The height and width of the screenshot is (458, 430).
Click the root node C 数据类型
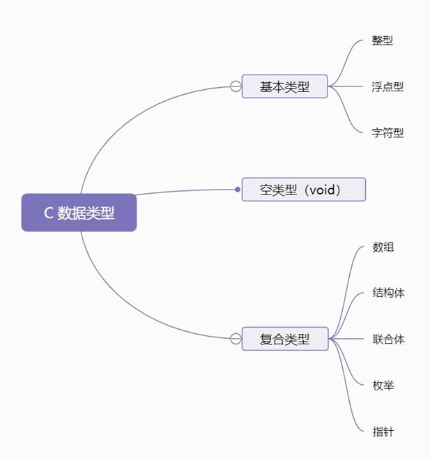click(x=79, y=213)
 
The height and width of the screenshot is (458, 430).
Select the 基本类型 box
click(x=284, y=86)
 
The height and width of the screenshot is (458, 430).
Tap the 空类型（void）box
click(x=303, y=189)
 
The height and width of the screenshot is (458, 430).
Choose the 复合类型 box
click(x=284, y=339)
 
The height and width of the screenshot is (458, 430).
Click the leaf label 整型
click(x=383, y=40)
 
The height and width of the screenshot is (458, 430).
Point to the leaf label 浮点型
click(x=387, y=87)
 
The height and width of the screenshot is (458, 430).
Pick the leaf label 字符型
click(x=387, y=132)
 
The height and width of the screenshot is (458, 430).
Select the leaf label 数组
click(x=383, y=247)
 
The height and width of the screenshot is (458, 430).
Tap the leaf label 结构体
click(x=388, y=293)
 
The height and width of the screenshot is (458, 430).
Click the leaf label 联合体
click(x=388, y=339)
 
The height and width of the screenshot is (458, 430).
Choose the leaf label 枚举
click(x=383, y=385)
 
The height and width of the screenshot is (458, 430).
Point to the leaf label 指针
click(x=383, y=432)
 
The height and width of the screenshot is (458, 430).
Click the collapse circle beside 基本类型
click(x=236, y=86)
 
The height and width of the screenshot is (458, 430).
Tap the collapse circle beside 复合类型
click(x=236, y=339)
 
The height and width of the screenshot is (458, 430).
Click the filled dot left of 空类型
click(x=238, y=189)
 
